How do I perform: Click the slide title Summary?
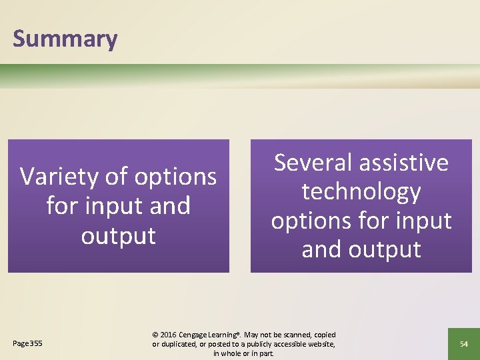pos(65,39)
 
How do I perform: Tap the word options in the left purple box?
pos(175,177)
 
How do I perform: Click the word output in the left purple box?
pos(119,235)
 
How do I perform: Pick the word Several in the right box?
pos(313,163)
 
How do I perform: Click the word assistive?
pos(403,163)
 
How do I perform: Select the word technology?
pos(361,192)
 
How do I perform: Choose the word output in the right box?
pos(384,249)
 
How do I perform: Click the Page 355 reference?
pos(27,343)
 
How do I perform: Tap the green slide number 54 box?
pos(463,343)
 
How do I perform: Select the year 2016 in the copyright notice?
pos(170,335)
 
